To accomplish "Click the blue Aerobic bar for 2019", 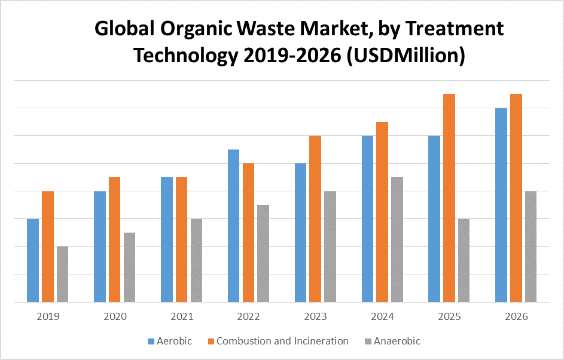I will tap(32, 260).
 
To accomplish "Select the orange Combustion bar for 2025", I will tap(449, 198).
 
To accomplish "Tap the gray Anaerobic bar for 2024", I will tap(397, 239).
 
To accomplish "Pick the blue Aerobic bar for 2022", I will tap(233, 225).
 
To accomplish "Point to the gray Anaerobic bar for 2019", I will tap(62, 274).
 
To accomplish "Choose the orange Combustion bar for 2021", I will tap(181, 239).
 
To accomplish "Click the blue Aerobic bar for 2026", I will tap(501, 205).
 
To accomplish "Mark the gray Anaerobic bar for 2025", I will tap(464, 260).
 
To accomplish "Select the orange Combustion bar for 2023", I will tap(315, 219).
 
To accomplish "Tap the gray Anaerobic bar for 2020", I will tap(129, 267).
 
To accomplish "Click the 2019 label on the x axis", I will tap(48, 316).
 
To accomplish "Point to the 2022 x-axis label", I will tap(248, 316).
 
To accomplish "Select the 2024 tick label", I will tap(382, 316).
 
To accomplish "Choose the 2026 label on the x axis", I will tap(516, 316).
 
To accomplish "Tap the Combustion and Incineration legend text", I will tap(282, 341).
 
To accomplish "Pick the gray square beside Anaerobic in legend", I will tap(368, 341).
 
